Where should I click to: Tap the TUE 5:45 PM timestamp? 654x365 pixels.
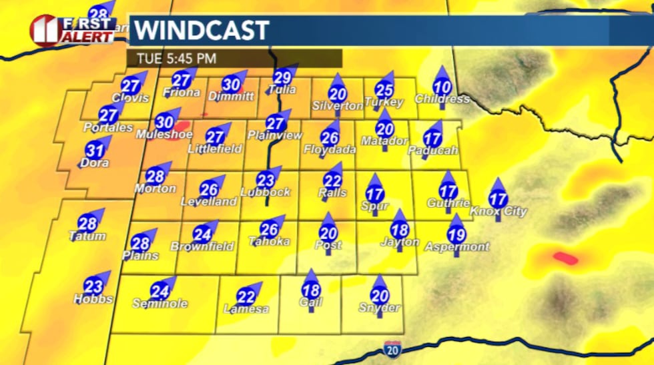coord(176,59)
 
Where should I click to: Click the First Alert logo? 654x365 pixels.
coord(71,29)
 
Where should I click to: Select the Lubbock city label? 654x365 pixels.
coord(265,192)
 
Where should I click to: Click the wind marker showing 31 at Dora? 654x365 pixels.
coord(95,150)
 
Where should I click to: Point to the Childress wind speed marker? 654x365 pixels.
coord(442,87)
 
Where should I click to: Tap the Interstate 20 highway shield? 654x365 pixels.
coord(392,348)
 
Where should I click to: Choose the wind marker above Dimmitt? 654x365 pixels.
coord(231,85)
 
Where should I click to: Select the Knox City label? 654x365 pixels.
coord(499,212)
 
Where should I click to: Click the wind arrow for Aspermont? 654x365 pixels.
coord(456,234)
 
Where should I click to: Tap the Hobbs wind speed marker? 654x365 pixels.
coord(94,286)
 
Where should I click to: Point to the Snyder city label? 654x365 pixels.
coord(379,308)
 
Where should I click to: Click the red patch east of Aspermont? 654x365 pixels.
coord(565,258)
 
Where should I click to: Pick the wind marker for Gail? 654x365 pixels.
coord(311,289)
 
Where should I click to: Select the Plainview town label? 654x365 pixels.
coord(275,135)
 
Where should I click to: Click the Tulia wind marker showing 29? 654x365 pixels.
coord(283,77)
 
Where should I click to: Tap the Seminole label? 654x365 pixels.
coord(159,304)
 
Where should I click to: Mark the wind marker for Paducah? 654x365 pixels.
coord(433,139)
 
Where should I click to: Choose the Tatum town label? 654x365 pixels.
coord(87,236)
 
